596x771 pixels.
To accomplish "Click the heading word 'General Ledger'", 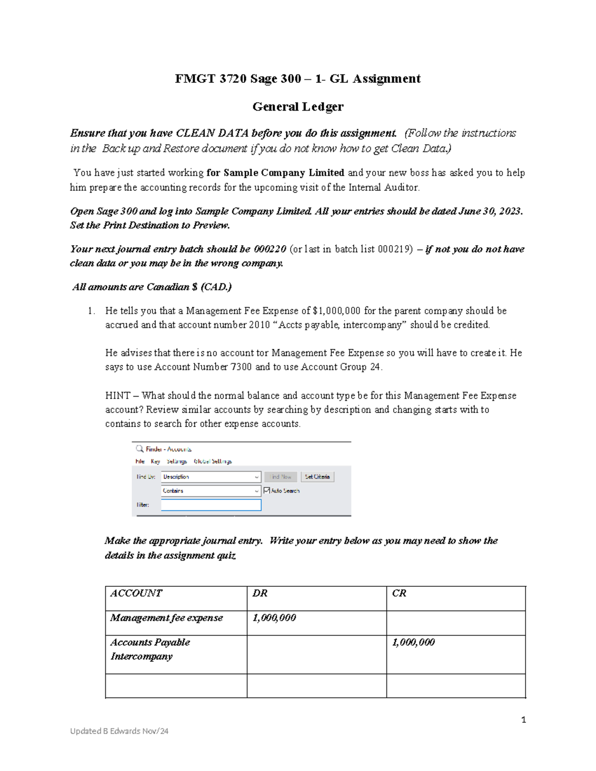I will coord(298,107).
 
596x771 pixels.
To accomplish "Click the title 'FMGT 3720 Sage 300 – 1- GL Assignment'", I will coord(298,79).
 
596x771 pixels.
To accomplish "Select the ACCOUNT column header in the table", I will coord(136,593).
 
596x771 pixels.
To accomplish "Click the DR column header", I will coord(260,593).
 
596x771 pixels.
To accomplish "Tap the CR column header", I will coord(399,593).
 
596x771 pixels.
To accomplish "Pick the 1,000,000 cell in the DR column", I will coord(274,618).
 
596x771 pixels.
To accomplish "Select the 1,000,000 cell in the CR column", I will coord(413,642).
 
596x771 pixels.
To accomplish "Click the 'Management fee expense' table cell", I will coord(166,618).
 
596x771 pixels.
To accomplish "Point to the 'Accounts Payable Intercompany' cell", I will coord(150,649).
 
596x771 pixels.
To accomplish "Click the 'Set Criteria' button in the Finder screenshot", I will coord(317,477).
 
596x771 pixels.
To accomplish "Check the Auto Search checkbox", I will coord(267,491).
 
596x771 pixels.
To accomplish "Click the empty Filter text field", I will coord(211,505).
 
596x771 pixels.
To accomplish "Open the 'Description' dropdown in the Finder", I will coord(211,477).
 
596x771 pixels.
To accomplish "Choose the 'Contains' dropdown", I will coord(211,491).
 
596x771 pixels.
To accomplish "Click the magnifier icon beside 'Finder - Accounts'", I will coord(140,449).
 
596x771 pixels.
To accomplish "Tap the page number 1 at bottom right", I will coord(523,720).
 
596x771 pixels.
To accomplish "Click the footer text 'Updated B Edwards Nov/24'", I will coord(119,731).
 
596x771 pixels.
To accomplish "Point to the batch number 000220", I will coord(270,249).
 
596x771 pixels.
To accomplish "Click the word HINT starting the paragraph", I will coord(118,396).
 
